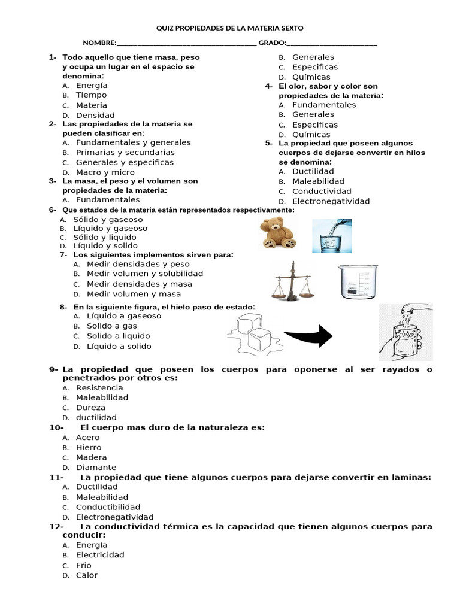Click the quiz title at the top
(x=230, y=28)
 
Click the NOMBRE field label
(x=99, y=43)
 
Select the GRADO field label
(x=272, y=43)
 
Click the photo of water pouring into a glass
(x=332, y=235)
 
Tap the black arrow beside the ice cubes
(x=307, y=335)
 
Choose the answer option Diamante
(x=96, y=468)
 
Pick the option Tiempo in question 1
(x=91, y=95)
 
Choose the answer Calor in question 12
(x=87, y=575)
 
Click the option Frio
(x=84, y=565)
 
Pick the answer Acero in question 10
(x=87, y=438)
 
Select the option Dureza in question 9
(x=90, y=408)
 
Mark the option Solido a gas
(x=112, y=326)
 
